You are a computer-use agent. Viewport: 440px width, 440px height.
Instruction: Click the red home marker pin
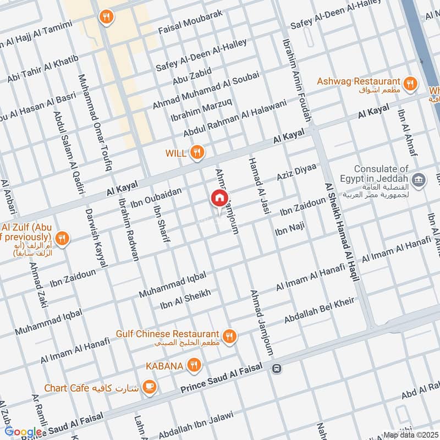point(219,199)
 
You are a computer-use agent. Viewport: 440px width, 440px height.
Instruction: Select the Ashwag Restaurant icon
point(409,84)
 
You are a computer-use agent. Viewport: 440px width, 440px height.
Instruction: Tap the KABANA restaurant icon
point(193,365)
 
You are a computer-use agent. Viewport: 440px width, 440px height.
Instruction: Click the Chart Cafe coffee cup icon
point(148,388)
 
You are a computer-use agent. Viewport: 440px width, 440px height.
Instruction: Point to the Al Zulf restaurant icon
point(63,238)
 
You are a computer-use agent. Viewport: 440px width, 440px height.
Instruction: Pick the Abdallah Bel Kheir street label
point(320,310)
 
